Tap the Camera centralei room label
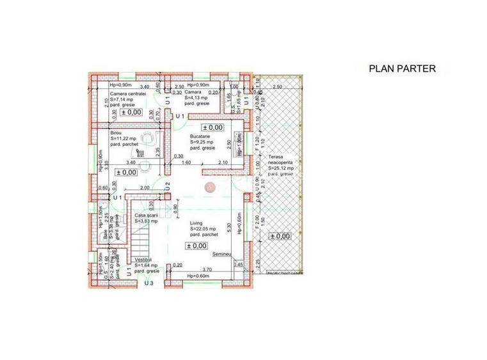pos(128,93)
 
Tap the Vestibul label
pos(147,261)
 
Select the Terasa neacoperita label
pos(280,160)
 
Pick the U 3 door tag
pos(149,282)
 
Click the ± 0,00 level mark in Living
pos(196,246)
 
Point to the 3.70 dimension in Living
pos(207,269)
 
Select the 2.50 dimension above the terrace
pos(277,86)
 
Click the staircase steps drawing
pos(141,244)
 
